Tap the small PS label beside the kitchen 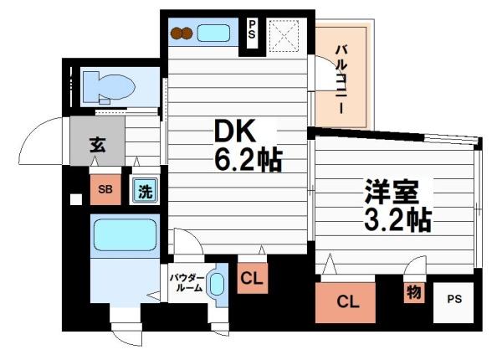tap(252, 33)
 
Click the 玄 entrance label tap(97, 142)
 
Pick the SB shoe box tap(105, 189)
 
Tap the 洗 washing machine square tap(143, 189)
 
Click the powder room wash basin tap(217, 284)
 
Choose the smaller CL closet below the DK tap(252, 280)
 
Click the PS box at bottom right tap(453, 299)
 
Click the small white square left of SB tap(76, 199)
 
